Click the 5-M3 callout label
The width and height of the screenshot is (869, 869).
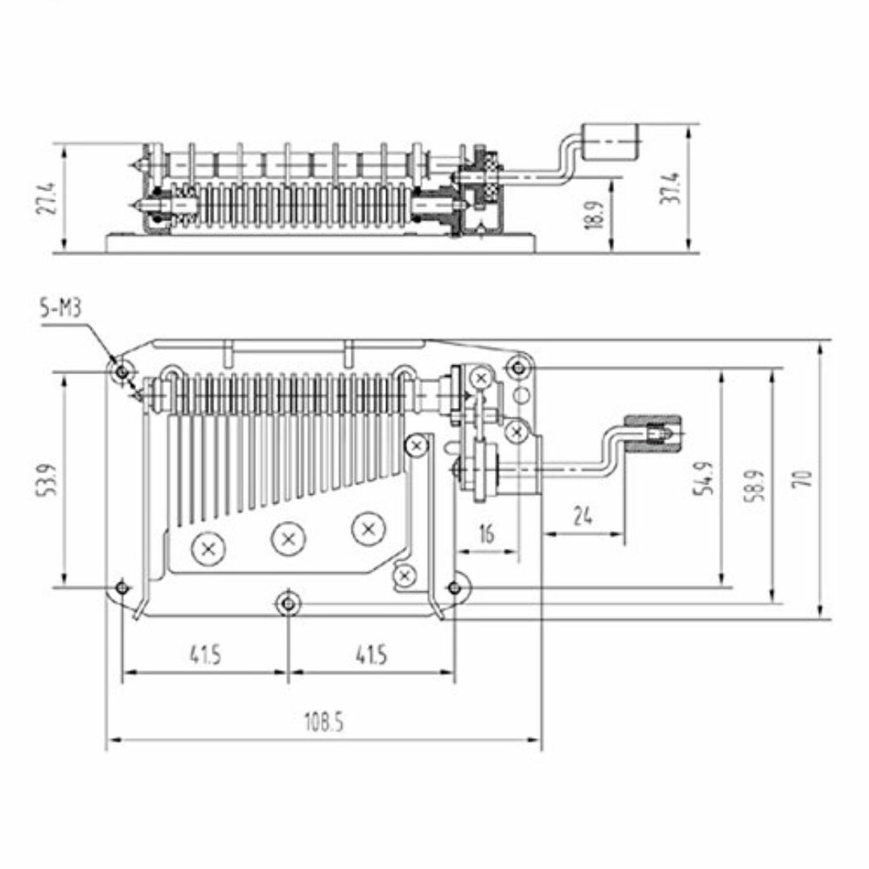(60, 308)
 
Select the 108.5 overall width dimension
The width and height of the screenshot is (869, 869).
(323, 722)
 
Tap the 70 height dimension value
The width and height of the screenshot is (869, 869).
(804, 478)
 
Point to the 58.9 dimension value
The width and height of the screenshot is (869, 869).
(756, 485)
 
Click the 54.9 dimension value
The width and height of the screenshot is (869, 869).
(705, 479)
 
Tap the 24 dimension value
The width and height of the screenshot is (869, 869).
(583, 517)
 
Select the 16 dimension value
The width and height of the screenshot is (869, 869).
(485, 534)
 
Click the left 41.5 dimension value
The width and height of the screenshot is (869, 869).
(205, 655)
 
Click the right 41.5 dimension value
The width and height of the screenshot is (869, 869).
(371, 655)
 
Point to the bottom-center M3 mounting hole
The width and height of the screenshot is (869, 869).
(287, 603)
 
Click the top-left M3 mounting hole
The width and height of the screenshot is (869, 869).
(121, 370)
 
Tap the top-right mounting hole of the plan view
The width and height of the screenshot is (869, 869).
(518, 367)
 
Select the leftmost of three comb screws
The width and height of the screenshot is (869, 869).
(208, 549)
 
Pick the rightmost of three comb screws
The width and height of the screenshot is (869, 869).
(369, 528)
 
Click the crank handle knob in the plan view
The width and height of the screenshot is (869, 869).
(653, 431)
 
